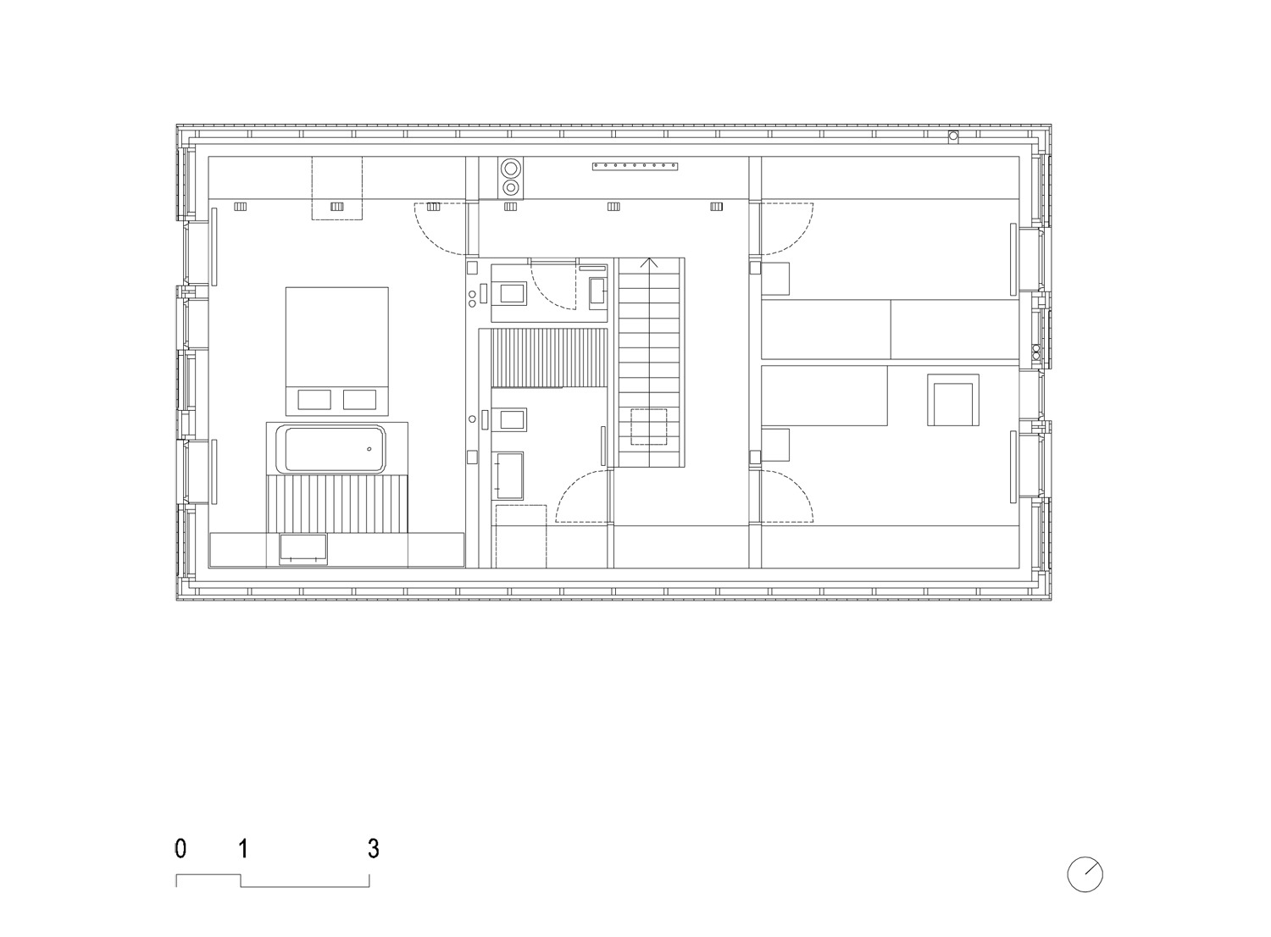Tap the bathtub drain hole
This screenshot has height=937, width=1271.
click(369, 449)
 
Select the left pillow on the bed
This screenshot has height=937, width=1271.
click(314, 399)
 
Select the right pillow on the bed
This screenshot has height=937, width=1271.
click(360, 399)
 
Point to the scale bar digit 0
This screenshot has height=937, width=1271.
click(180, 849)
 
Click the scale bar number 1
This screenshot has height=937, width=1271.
click(243, 849)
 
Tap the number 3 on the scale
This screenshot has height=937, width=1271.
click(373, 849)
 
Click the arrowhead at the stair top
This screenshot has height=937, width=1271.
click(649, 262)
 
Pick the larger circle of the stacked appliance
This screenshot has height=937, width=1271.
click(511, 169)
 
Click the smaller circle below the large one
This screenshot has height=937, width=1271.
click(511, 187)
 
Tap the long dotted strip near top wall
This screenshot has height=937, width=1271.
click(635, 167)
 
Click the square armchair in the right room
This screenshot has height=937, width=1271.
click(953, 400)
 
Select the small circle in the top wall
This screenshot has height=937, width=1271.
click(953, 136)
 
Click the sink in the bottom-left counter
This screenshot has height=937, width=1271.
click(303, 549)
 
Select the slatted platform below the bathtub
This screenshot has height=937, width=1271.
click(337, 504)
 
